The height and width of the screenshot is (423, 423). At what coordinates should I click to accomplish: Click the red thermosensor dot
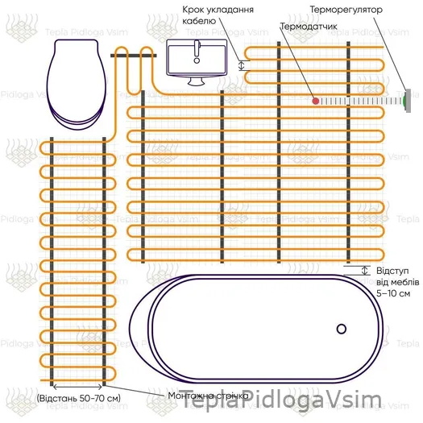316,102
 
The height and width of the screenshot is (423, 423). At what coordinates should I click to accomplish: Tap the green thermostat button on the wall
404,101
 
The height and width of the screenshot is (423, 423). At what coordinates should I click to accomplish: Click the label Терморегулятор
346,10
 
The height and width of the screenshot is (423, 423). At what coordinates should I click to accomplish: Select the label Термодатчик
309,27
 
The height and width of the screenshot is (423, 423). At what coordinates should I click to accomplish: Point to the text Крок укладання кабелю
218,15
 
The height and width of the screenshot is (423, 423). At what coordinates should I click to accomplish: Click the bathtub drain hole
342,329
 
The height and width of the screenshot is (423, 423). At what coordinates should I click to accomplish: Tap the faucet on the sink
197,52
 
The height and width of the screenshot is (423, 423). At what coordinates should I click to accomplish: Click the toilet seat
77,85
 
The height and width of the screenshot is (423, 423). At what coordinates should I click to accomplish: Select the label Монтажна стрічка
208,396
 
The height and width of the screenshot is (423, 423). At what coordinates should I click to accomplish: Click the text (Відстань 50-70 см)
78,398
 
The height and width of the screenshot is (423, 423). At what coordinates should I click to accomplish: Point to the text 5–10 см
393,293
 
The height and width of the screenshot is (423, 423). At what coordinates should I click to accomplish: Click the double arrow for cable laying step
242,65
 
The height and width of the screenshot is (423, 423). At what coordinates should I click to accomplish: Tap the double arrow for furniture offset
365,270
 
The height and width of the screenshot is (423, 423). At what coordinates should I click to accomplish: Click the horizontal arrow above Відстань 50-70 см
77,387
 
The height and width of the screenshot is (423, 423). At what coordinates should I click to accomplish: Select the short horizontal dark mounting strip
133,56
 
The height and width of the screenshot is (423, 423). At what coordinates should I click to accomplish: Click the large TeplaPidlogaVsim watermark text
281,400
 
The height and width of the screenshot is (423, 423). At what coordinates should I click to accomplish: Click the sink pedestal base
197,81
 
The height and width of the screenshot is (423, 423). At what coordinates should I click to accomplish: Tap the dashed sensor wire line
361,102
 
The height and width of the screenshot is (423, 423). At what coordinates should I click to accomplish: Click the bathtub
255,329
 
